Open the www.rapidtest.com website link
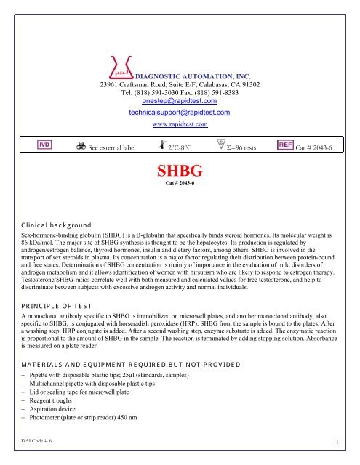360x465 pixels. pyautogui.click(x=179, y=124)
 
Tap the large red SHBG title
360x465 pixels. pyautogui.click(x=179, y=171)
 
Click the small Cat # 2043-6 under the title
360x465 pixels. pyautogui.click(x=179, y=185)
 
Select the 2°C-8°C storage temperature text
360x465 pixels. pyautogui.click(x=183, y=147)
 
